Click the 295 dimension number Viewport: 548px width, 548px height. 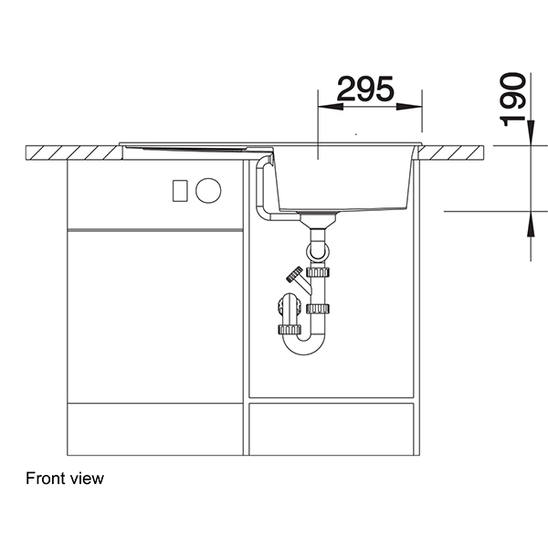(365, 89)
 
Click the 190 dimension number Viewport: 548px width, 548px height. (515, 99)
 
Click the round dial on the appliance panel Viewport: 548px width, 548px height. (208, 191)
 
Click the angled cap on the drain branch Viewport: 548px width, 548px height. (293, 273)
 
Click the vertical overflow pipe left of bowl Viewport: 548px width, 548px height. (260, 187)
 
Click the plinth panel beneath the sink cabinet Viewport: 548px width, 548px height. (332, 428)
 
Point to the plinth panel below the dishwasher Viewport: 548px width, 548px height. (155, 428)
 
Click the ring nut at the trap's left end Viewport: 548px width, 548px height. (290, 328)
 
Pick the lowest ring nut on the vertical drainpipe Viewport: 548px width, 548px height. (318, 309)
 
